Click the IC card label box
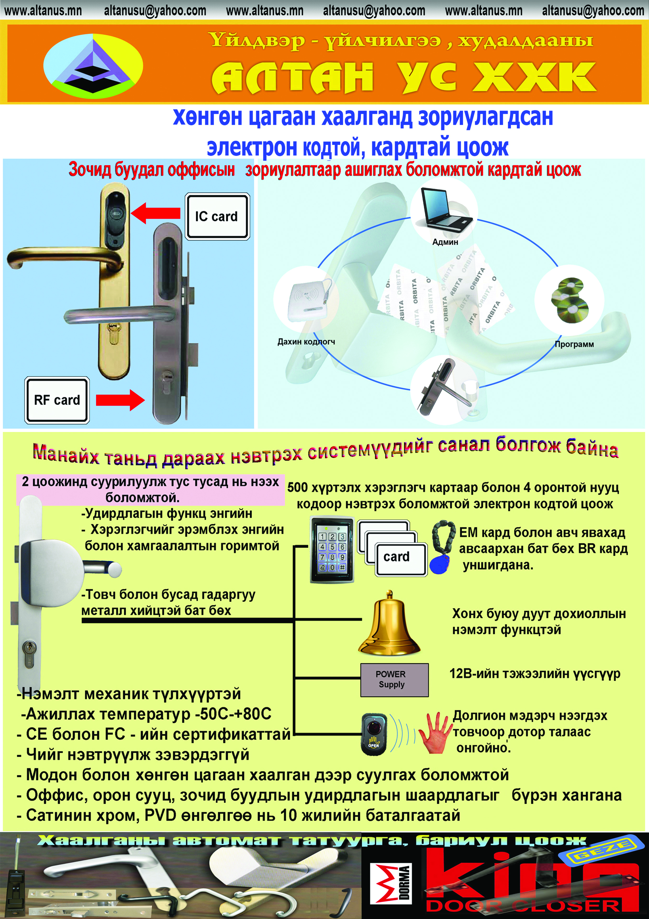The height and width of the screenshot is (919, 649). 217,217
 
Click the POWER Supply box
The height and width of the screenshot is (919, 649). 394,680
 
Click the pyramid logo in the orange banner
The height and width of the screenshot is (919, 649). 93,66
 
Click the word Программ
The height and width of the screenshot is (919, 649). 574,344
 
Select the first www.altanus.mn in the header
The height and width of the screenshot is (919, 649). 43,11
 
